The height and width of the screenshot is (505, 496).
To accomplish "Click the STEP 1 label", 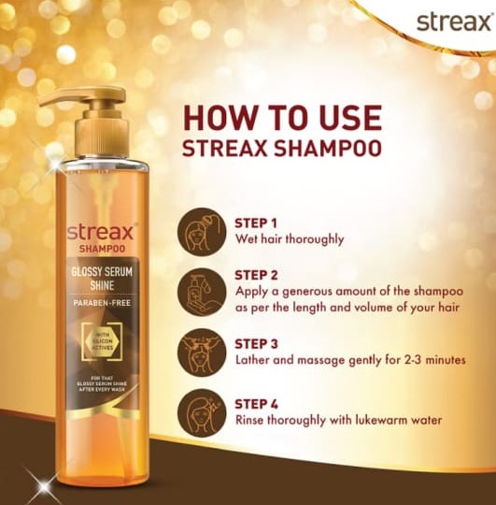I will click(255, 223).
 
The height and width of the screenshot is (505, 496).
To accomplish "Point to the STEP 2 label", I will click(255, 275).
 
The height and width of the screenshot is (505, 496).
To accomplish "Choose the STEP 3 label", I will click(255, 343).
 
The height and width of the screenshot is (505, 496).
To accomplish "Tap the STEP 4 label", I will click(255, 404).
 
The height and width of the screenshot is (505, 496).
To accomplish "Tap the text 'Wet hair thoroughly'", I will click(289, 238).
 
